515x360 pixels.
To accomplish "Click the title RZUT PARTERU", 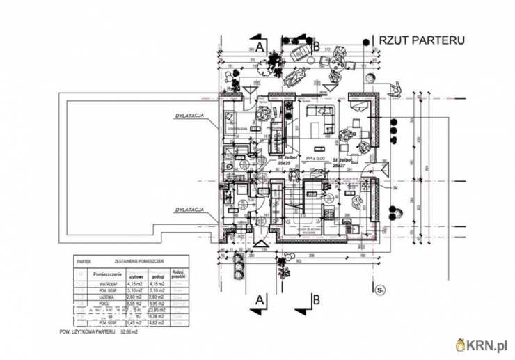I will click(x=420, y=40).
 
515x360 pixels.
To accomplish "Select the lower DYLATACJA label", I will click(x=189, y=209).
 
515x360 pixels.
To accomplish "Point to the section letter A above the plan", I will click(x=260, y=47).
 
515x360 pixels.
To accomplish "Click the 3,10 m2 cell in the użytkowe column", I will click(x=135, y=290).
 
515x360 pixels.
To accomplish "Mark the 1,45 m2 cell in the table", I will click(x=135, y=322).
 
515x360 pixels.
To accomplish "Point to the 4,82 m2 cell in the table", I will click(x=159, y=322).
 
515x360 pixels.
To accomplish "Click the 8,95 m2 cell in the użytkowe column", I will click(x=135, y=303).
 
